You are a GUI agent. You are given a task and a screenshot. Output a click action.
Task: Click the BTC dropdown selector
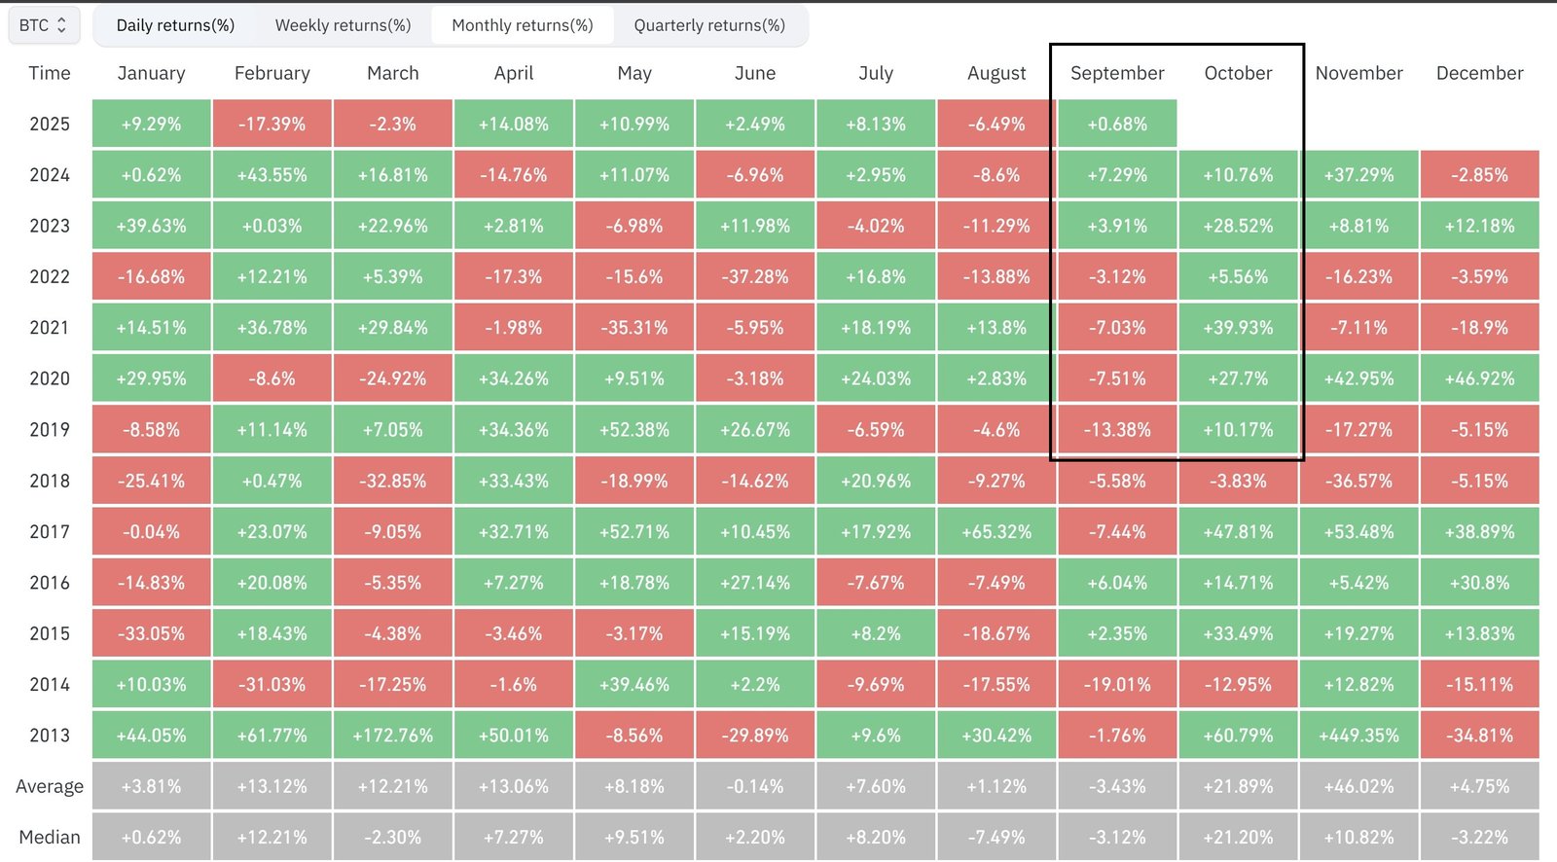pyautogui.click(x=44, y=25)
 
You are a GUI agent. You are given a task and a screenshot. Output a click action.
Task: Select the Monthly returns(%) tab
pyautogui.click(x=522, y=25)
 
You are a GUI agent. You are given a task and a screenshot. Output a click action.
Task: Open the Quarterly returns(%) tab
pyautogui.click(x=708, y=25)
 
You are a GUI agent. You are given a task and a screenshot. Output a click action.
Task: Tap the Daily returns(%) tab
pyautogui.click(x=175, y=25)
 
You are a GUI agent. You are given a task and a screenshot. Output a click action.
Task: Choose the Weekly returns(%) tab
pyautogui.click(x=343, y=25)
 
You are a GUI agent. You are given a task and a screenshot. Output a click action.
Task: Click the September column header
pyautogui.click(x=1116, y=73)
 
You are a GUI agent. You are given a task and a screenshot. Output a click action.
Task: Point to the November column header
pyautogui.click(x=1358, y=73)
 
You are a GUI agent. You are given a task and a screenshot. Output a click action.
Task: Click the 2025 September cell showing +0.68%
pyautogui.click(x=1116, y=125)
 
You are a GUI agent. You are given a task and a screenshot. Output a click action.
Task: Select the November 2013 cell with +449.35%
pyautogui.click(x=1358, y=736)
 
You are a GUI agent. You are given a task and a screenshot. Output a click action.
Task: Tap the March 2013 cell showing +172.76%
pyautogui.click(x=392, y=736)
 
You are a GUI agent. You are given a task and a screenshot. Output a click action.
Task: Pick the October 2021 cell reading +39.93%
pyautogui.click(x=1238, y=328)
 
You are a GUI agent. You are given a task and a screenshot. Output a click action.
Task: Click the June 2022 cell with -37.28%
pyautogui.click(x=755, y=277)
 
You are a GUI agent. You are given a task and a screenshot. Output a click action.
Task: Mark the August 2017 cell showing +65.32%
pyautogui.click(x=996, y=532)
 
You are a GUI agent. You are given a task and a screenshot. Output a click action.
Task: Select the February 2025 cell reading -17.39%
pyautogui.click(x=272, y=125)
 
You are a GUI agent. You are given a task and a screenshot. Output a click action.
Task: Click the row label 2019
pyautogui.click(x=50, y=430)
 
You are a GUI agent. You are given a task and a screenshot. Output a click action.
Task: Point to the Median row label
pyautogui.click(x=50, y=838)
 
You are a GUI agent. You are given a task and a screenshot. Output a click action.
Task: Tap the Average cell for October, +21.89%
pyautogui.click(x=1238, y=786)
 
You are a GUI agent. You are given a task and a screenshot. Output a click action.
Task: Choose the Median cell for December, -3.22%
pyautogui.click(x=1479, y=838)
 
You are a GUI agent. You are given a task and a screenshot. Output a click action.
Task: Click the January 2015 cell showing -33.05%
pyautogui.click(x=151, y=634)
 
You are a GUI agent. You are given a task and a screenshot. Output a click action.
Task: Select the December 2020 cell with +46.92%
pyautogui.click(x=1479, y=379)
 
